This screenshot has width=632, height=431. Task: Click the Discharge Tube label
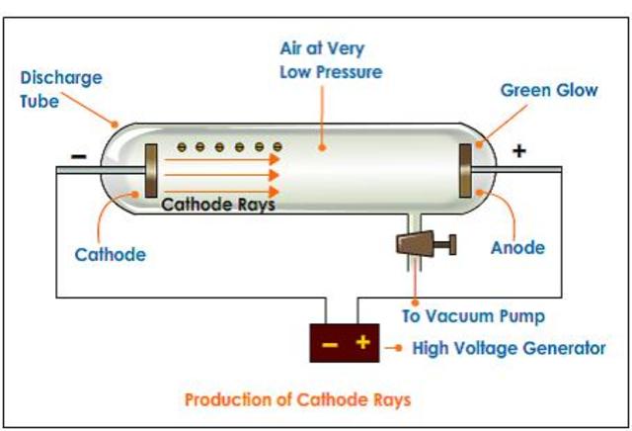(60, 89)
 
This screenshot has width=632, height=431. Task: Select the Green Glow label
(548, 90)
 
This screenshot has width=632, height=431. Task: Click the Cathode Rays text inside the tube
(217, 206)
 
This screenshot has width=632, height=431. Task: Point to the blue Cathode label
(110, 254)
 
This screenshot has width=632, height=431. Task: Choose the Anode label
(518, 247)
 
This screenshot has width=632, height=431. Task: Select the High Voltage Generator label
(509, 347)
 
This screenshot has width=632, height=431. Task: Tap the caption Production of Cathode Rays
(297, 399)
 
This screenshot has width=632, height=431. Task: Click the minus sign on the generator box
(330, 344)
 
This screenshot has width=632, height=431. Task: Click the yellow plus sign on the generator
(362, 343)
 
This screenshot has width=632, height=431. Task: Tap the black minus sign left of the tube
(80, 156)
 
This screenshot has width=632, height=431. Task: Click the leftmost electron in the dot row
(183, 147)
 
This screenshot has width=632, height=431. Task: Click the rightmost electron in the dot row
(278, 147)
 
